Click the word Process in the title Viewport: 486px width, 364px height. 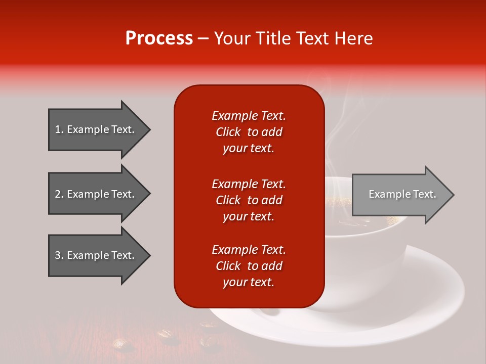pos(159,38)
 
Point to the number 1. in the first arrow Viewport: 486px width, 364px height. pos(59,129)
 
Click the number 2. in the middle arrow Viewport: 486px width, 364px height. pos(59,194)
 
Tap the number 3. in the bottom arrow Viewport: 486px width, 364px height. pos(59,255)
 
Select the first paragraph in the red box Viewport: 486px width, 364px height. pos(249,132)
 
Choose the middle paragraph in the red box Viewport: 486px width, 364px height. pos(249,200)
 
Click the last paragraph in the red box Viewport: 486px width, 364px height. pos(249,266)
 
